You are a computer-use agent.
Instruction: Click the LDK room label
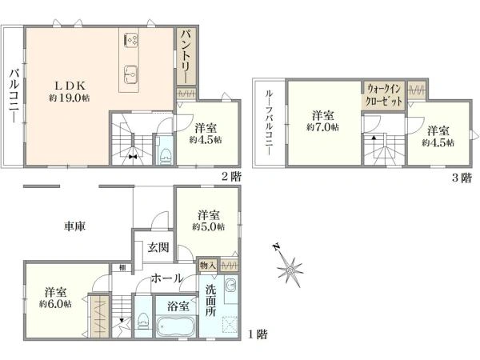click(x=70, y=86)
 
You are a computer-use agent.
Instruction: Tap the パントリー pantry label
click(x=186, y=57)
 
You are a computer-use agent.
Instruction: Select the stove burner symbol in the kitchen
click(x=130, y=40)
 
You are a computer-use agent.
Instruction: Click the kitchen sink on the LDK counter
click(x=130, y=74)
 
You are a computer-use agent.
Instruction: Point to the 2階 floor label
click(x=231, y=177)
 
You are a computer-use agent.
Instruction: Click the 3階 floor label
click(x=462, y=178)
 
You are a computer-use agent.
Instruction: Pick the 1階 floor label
click(x=257, y=334)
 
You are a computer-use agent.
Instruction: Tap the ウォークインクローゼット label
click(x=384, y=95)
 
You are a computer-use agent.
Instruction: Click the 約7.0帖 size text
click(x=322, y=127)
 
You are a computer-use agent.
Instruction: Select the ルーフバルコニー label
click(x=269, y=122)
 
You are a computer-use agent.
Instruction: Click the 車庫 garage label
click(x=74, y=226)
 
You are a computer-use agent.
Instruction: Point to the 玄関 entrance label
click(x=158, y=247)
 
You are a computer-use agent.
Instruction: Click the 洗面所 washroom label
click(x=210, y=300)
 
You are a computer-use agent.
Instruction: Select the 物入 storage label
click(x=208, y=266)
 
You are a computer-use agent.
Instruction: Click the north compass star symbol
click(x=290, y=270)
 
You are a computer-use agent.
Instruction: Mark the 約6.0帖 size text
click(x=55, y=304)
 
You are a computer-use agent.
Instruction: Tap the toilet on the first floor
click(x=143, y=320)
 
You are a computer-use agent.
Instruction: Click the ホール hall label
click(x=167, y=278)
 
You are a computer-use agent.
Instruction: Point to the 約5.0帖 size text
click(x=209, y=227)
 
